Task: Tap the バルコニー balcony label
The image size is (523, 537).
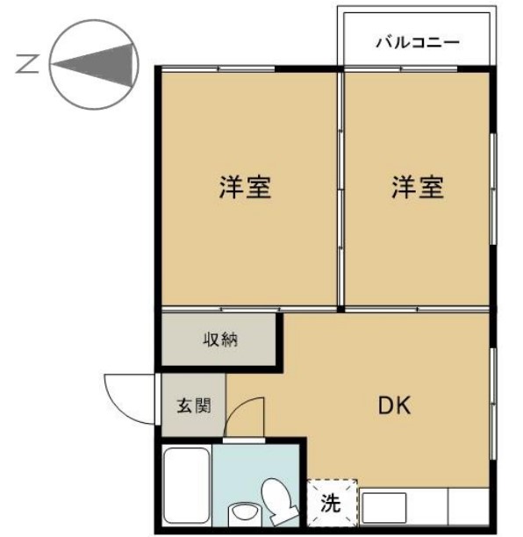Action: [x=417, y=41]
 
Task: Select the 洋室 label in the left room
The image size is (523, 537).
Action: [x=245, y=187]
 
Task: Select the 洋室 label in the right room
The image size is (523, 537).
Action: [x=417, y=187]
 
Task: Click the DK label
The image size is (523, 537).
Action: [x=395, y=405]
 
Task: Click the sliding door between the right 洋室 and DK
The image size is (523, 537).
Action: [x=417, y=309]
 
